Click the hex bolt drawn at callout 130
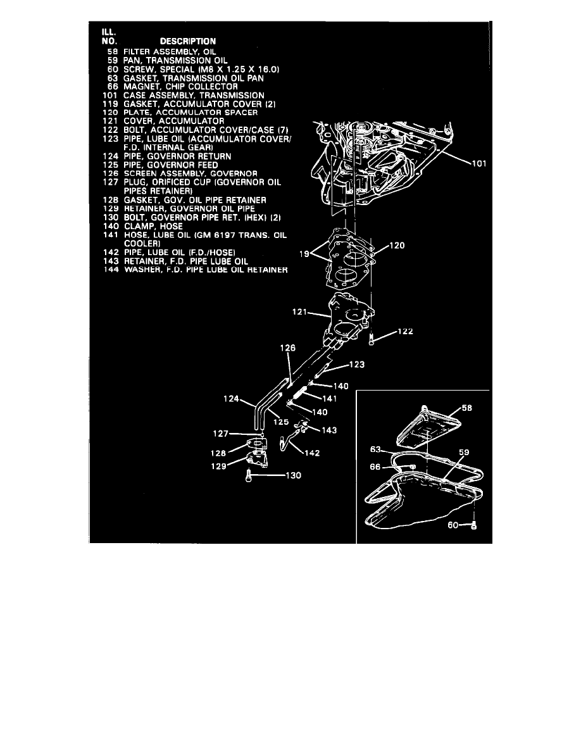[x=250, y=477]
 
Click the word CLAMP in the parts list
[x=139, y=226]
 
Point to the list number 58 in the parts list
[x=113, y=51]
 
